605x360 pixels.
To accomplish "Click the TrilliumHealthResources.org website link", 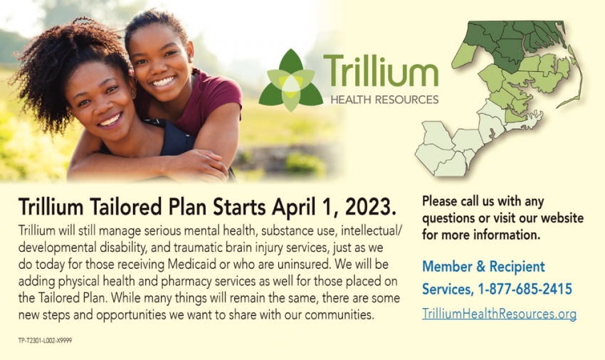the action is pos(499,314).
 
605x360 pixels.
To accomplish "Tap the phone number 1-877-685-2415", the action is pos(525,289).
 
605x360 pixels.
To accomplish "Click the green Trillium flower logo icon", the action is pos(291,80).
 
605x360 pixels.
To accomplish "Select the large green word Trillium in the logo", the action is pos(381,70).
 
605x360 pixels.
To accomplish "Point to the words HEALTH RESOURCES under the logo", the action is pos(384,100).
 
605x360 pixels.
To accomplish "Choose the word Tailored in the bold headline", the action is pos(126,206).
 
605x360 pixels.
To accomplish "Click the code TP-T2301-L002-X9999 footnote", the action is pos(45,340).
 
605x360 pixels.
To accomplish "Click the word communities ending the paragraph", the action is pos(340,315).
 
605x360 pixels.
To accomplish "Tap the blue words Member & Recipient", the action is pos(483,266).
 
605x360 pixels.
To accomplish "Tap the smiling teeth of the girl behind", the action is pos(163,81).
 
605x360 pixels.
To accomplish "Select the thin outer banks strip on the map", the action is pos(576,77).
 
